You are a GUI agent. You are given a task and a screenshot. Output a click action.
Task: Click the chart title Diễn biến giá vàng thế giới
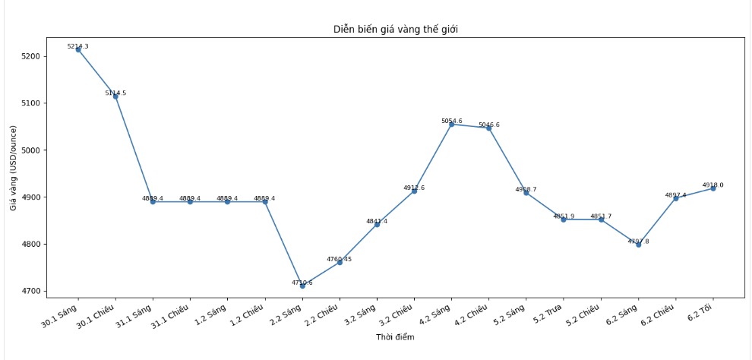click(x=395, y=30)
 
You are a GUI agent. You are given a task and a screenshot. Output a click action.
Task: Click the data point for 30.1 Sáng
click(x=78, y=49)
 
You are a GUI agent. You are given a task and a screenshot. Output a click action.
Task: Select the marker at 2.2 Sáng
click(x=302, y=286)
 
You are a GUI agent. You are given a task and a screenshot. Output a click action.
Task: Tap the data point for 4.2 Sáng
click(x=452, y=124)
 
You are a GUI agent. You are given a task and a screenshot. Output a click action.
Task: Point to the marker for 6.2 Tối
click(x=713, y=188)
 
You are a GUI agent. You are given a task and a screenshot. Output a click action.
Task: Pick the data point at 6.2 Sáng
click(x=638, y=245)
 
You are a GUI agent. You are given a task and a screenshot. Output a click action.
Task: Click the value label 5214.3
click(x=78, y=46)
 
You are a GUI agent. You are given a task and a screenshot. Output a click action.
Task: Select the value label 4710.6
click(x=302, y=283)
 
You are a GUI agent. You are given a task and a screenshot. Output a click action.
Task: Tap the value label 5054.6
click(x=452, y=121)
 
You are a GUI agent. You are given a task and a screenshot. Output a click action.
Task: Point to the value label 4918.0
click(x=713, y=185)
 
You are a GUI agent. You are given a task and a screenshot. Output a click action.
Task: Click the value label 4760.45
click(x=340, y=259)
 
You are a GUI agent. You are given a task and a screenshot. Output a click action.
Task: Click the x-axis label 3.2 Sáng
click(x=360, y=314)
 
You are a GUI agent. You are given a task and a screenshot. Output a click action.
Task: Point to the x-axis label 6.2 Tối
click(x=699, y=311)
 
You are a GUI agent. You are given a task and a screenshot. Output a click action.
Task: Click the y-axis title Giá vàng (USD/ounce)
click(x=14, y=167)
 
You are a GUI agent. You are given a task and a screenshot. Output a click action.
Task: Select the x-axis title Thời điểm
click(x=395, y=337)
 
